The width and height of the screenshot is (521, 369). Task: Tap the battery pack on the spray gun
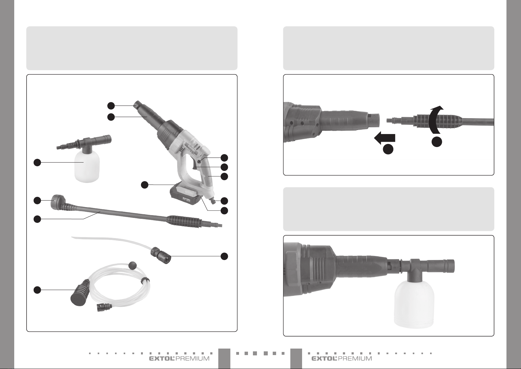click(184, 194)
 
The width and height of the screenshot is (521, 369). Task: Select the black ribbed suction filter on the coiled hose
click(80, 293)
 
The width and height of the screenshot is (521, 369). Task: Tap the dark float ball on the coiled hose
click(133, 265)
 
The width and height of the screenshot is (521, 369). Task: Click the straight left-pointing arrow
click(384, 138)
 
